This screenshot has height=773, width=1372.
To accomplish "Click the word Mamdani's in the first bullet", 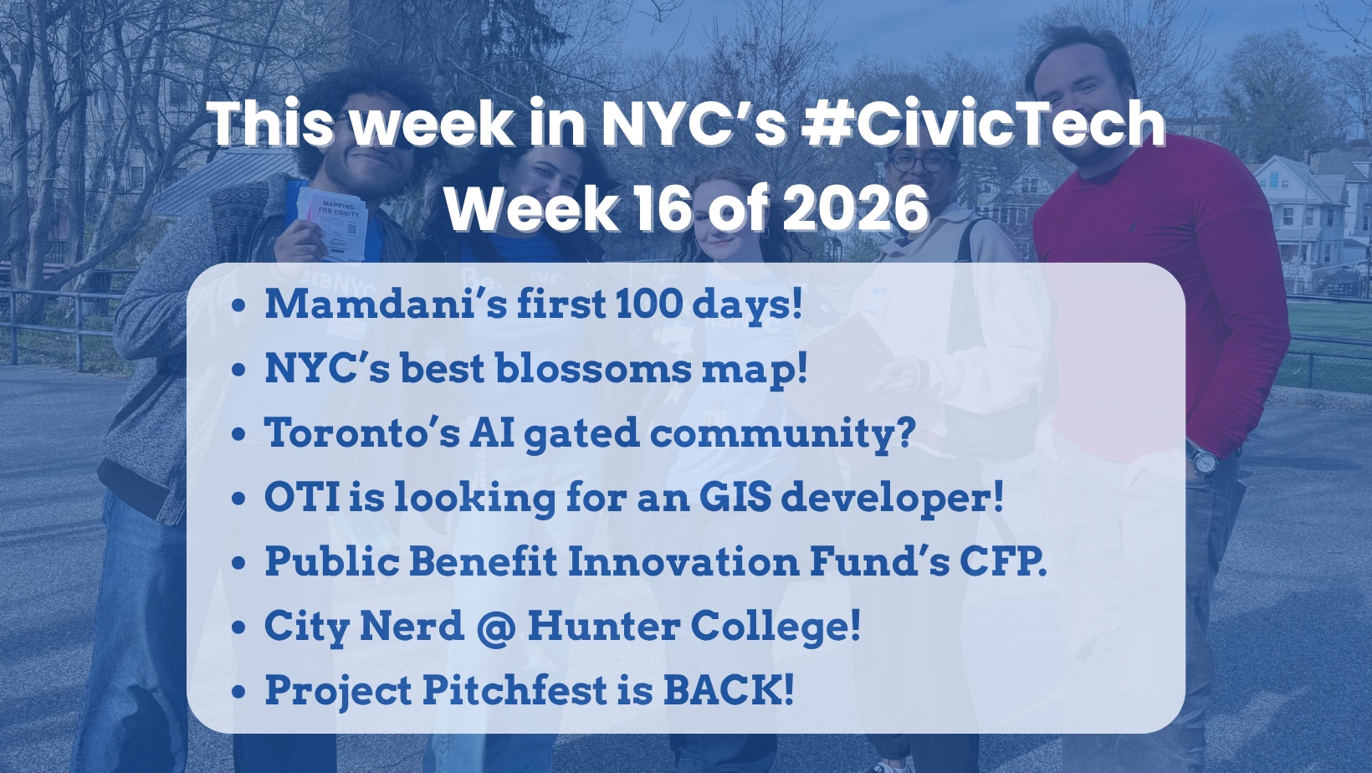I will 385,304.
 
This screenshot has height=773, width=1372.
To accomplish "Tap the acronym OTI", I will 302,497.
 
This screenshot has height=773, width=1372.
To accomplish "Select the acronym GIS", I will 735,497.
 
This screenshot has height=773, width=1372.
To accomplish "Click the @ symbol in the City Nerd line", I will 496,627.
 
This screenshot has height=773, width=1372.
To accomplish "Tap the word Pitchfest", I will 514,690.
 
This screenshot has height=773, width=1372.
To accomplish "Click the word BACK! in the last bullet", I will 728,690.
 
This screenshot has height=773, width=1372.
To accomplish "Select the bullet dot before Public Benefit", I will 239,563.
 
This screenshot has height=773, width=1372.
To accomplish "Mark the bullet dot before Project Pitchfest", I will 239,692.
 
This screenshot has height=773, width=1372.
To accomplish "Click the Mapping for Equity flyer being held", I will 335,222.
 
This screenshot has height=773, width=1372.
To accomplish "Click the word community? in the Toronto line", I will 782,434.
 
